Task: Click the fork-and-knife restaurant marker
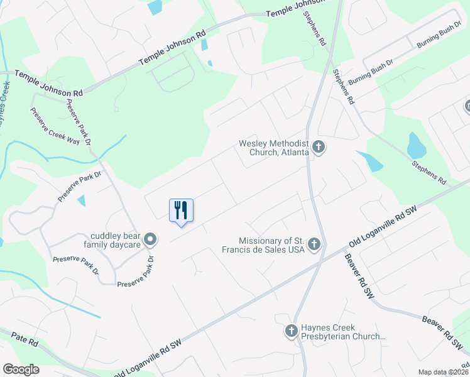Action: coord(181,210)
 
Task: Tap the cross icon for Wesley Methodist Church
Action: coord(319,148)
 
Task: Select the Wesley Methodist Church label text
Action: coord(273,148)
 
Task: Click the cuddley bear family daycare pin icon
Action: coord(150,239)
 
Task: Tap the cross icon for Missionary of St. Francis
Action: coord(314,245)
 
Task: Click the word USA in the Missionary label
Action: coord(295,249)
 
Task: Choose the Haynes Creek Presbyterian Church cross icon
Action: coord(291,331)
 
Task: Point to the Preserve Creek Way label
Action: coord(55,126)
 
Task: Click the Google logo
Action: coord(21,369)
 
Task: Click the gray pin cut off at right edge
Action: coord(467,107)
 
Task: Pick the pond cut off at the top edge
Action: coord(155,6)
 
